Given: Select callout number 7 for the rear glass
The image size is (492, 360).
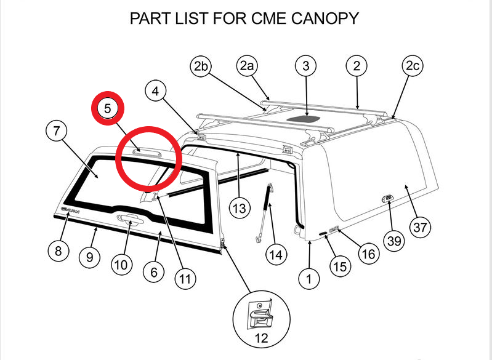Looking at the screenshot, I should [57, 130].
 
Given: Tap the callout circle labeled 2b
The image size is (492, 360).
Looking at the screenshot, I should [201, 66].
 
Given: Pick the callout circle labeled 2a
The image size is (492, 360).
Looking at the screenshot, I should [247, 66].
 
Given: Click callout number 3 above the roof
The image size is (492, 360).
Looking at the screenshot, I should [305, 66].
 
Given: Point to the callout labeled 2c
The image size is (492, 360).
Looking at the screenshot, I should [413, 66].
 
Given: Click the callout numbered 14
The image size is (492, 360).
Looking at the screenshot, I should [276, 253].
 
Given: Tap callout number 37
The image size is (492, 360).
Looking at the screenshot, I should [420, 227].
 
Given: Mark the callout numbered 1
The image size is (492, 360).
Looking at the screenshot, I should [310, 279].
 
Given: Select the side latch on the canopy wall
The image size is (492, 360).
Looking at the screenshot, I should [386, 198].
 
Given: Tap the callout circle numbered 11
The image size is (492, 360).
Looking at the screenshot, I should [184, 279].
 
